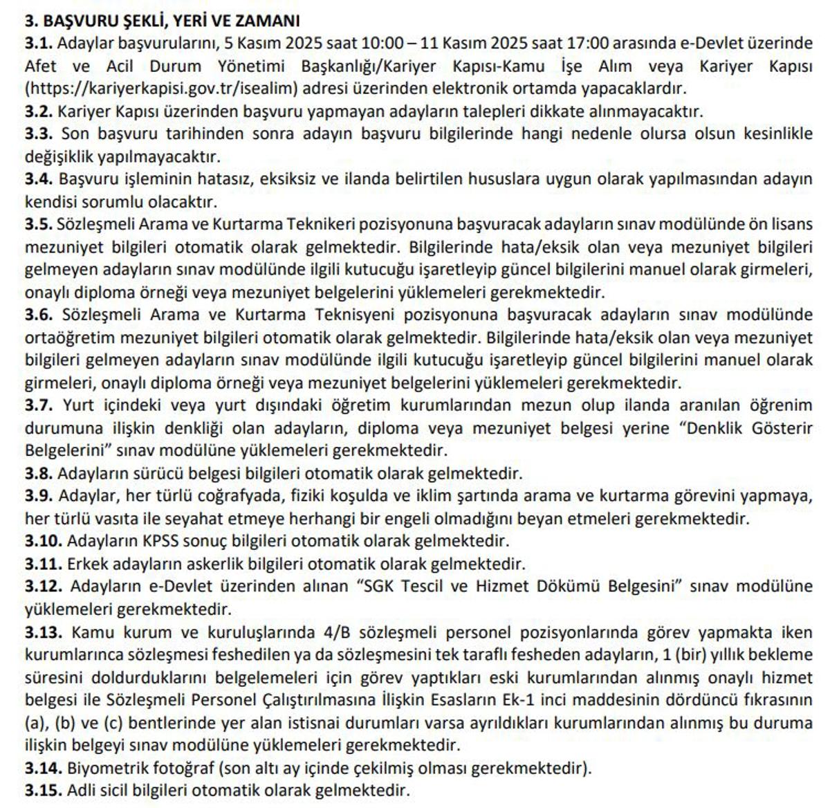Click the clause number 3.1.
39,44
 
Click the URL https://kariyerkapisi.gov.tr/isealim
163,89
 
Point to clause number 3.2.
39,111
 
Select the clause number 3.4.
39,179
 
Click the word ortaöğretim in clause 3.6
72,338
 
